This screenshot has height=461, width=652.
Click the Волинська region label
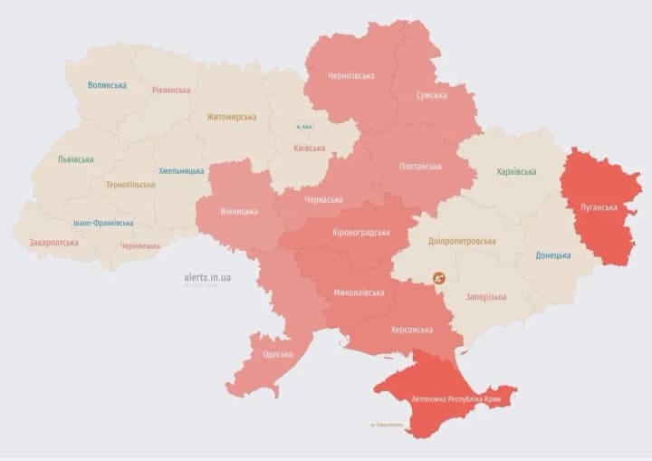(107, 85)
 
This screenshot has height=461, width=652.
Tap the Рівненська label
(171, 91)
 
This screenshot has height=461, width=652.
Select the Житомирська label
(231, 117)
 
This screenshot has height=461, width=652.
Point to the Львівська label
(75, 159)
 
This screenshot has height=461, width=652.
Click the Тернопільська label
(129, 185)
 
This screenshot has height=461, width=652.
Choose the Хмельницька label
(181, 170)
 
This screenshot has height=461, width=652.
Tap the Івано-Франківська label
(103, 223)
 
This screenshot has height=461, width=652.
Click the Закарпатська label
(53, 243)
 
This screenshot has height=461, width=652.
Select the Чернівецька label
(140, 245)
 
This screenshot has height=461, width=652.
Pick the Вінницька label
(239, 212)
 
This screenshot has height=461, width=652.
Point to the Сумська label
(432, 95)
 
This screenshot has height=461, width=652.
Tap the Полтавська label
(420, 167)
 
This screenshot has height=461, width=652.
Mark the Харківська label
(516, 171)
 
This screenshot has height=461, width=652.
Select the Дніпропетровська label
(462, 242)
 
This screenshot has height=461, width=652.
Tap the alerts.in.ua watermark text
(206, 277)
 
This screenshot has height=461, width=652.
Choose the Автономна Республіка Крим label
(457, 399)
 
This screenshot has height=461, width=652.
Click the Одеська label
(277, 355)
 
